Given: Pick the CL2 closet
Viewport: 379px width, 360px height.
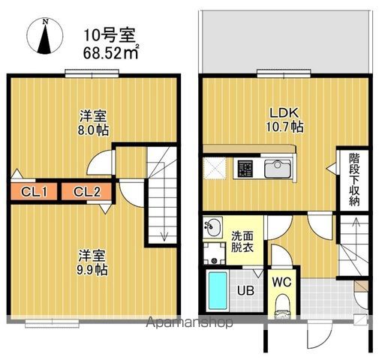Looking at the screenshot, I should (x=87, y=193).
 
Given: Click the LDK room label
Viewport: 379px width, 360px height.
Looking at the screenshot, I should (x=286, y=112).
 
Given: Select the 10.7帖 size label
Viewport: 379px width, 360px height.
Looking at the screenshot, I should (x=286, y=127).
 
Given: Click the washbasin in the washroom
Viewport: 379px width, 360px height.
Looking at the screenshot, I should (x=212, y=224).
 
